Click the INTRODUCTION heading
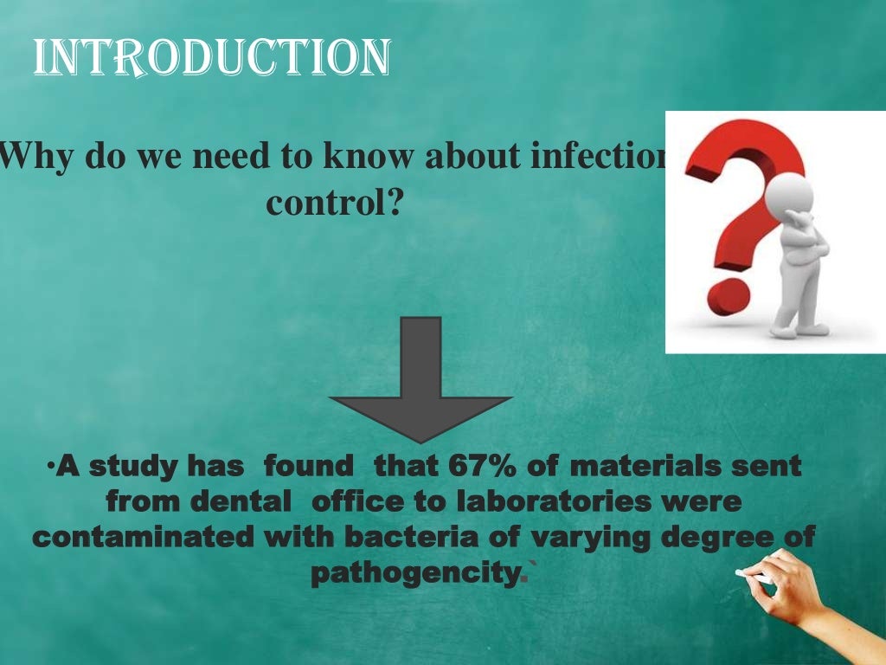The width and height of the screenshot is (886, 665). [x=212, y=58]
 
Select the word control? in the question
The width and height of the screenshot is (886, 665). [x=335, y=203]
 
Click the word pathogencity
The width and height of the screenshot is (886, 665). [x=416, y=573]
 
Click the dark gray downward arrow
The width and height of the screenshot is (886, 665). [x=421, y=381]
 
